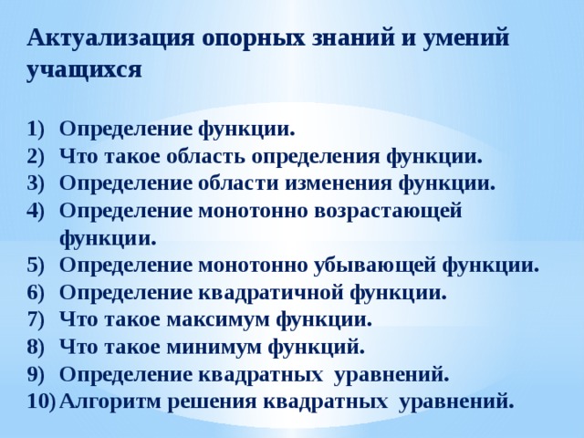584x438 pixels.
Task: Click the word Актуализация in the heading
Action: coord(110,38)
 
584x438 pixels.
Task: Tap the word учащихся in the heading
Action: coord(84,69)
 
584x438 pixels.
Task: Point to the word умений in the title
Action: coord(466,37)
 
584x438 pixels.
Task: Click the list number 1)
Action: coord(36,130)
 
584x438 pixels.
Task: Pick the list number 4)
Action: coord(36,211)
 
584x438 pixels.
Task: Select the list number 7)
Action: coord(36,320)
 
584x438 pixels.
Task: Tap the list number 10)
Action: coord(41,401)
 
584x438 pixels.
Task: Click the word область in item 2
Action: coord(205,157)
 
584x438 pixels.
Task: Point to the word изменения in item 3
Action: coord(339,183)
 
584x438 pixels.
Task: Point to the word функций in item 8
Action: coord(317,348)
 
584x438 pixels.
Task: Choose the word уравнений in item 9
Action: coord(391,375)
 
